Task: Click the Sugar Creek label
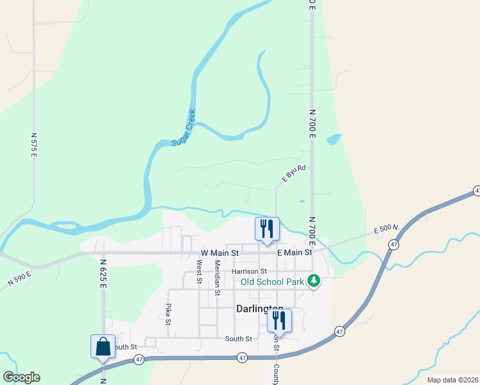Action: click(x=184, y=128)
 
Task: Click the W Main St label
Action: click(x=219, y=253)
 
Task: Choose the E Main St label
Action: click(x=295, y=253)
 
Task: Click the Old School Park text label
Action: click(x=272, y=281)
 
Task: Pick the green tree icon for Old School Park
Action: click(x=314, y=281)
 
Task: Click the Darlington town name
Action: click(x=260, y=308)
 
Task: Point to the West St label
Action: click(x=200, y=271)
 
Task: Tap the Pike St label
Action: click(x=169, y=314)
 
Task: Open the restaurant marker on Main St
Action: click(x=267, y=228)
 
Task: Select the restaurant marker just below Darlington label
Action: click(x=279, y=321)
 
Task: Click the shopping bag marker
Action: click(x=103, y=346)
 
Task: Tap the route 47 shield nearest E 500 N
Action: click(x=393, y=244)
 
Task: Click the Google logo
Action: click(x=21, y=377)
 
